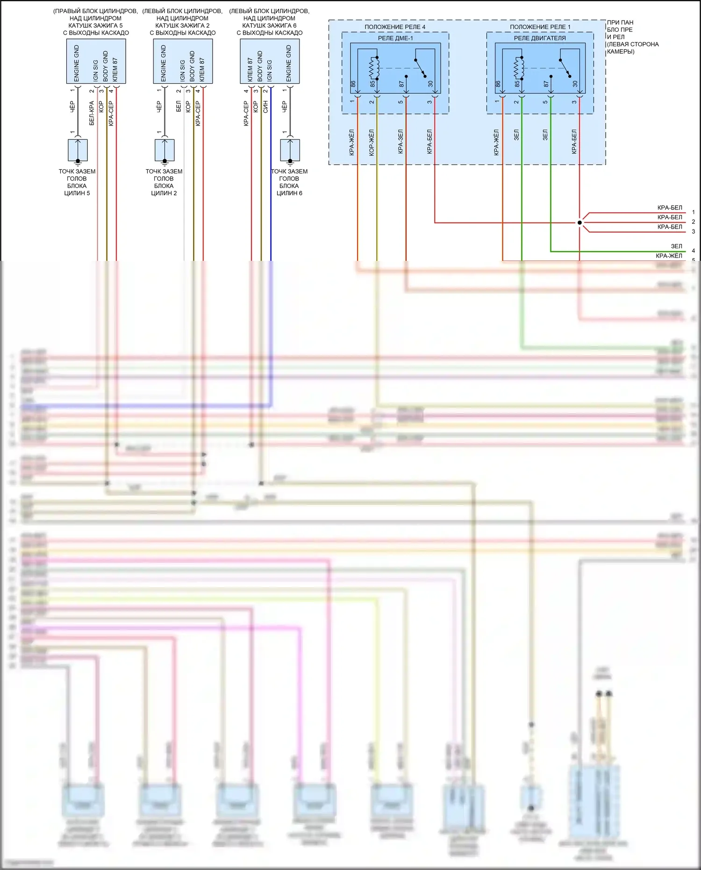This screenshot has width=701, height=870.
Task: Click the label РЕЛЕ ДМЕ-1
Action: click(395, 38)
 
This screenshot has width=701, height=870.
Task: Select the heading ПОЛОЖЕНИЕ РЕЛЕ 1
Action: click(540, 27)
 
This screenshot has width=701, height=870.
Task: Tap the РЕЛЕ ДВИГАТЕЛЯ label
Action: click(540, 38)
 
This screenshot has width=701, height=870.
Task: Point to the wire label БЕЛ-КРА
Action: click(92, 113)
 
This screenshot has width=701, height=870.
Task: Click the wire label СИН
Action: click(265, 107)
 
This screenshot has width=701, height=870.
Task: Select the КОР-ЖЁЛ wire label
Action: click(372, 143)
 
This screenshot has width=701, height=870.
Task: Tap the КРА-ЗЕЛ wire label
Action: click(401, 142)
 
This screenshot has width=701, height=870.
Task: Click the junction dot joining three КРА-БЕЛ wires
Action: click(579, 223)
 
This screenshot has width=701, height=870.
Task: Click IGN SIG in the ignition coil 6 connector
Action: click(270, 70)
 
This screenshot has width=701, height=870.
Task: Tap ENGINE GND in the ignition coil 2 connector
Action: click(164, 63)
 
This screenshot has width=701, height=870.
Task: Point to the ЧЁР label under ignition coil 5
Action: click(72, 107)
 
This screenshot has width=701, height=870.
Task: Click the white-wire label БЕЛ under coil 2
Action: click(179, 107)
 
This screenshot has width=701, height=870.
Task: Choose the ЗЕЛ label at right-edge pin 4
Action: click(676, 246)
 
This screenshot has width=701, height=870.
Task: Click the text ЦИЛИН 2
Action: click(164, 193)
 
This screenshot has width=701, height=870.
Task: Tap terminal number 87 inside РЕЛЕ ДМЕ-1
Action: click(401, 84)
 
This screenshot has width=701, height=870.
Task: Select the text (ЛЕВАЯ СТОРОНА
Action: click(633, 44)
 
